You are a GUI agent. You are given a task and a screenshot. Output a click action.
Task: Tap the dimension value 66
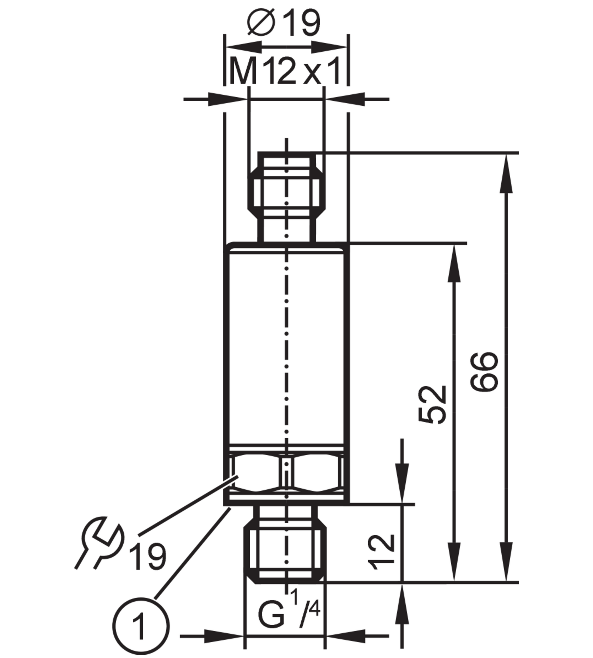(484, 371)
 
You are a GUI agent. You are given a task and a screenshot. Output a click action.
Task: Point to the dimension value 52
(432, 405)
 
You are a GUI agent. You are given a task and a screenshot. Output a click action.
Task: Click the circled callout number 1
(141, 626)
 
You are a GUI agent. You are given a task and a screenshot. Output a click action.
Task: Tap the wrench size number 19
(148, 557)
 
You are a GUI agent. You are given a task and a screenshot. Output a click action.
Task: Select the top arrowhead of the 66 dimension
(506, 173)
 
